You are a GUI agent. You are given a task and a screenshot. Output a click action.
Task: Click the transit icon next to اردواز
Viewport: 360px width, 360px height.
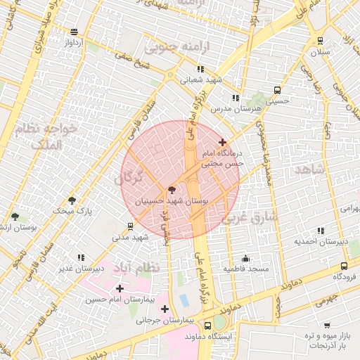tap(75, 32)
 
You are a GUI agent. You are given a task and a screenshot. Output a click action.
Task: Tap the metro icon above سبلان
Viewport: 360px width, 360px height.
tap(321, 41)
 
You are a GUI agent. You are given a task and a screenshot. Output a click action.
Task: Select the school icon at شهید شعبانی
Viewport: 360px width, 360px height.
tap(200, 69)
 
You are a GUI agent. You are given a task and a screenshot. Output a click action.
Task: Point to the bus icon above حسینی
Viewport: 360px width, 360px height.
tap(277, 90)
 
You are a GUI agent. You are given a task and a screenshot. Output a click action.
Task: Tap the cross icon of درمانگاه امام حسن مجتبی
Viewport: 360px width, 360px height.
tap(223, 142)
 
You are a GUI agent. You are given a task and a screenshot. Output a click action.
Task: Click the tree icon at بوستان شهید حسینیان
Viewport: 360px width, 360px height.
tap(172, 190)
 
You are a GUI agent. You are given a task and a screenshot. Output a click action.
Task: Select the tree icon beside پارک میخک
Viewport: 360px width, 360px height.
tap(71, 201)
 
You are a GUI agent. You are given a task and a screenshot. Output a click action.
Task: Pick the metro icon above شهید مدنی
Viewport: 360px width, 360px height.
tap(130, 226)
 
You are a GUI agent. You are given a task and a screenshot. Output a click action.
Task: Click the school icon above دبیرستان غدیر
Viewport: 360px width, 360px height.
tap(82, 257)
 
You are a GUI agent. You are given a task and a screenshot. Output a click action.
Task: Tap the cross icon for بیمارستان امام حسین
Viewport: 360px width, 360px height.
tap(120, 288)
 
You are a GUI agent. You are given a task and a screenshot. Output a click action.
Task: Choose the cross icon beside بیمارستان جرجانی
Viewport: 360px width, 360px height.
tap(165, 309)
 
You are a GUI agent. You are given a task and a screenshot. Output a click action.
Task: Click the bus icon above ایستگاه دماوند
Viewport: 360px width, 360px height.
tap(207, 326)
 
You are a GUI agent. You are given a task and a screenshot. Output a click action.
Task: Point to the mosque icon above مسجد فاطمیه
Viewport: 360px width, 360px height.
tap(245, 258)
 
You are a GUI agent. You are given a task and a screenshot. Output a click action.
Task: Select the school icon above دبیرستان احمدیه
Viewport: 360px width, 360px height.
tap(321, 231)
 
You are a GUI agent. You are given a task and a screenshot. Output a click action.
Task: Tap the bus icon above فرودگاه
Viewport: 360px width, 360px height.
tap(344, 266)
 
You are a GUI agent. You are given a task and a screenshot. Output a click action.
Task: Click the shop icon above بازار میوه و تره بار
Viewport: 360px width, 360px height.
tap(327, 325)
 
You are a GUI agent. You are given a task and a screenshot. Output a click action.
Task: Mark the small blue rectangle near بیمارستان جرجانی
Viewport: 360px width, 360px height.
tap(184, 300)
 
